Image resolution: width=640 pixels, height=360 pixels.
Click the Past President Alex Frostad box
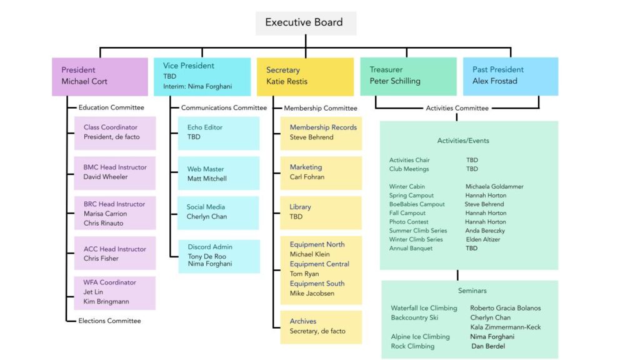pos(510,76)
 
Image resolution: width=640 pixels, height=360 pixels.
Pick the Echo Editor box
pos(218,132)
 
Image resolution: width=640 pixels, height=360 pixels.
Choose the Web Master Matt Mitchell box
pos(218,174)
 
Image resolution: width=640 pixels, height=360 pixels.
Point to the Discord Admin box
pos(218,256)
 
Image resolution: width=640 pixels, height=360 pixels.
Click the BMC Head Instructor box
pos(115,172)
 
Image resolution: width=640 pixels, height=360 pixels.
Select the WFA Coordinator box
pos(115,292)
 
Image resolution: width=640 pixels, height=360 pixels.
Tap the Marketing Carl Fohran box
pos(320,172)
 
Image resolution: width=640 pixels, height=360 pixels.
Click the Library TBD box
pos(320,212)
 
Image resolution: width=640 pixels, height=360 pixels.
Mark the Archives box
pos(320,326)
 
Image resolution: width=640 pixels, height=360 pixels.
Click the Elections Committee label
pos(109,321)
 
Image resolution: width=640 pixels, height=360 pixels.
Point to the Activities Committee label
pos(457,108)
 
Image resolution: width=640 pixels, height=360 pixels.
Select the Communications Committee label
pos(224,108)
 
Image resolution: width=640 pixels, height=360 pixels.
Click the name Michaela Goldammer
pos(494,187)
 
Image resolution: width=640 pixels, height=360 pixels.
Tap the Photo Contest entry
pos(409,222)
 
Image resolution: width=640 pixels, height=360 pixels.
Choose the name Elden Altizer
pos(482,239)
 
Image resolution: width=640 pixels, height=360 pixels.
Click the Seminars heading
pos(472,291)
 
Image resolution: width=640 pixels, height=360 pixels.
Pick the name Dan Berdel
pos(487,346)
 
